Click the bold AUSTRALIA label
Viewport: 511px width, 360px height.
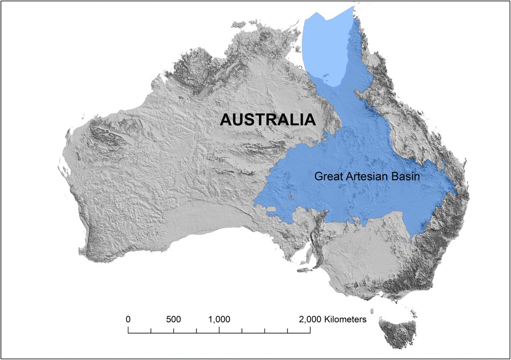click(267, 120)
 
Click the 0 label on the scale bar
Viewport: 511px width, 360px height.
click(128, 319)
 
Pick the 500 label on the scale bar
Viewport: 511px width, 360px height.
click(173, 319)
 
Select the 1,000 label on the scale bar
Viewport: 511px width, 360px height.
click(219, 319)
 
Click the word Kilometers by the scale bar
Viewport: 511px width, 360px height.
click(345, 319)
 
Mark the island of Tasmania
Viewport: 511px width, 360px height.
click(399, 332)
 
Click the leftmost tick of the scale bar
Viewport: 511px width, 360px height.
click(128, 330)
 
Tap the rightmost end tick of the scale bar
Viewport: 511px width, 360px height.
click(310, 330)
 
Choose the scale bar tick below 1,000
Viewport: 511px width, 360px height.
click(219, 330)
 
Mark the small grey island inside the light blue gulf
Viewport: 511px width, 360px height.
click(325, 77)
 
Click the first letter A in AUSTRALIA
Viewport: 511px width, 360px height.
click(226, 120)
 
